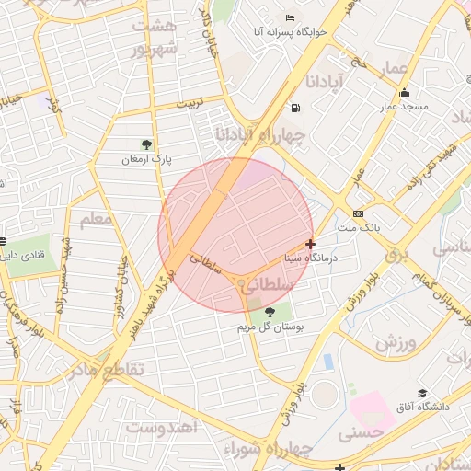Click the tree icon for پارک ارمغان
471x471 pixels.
click(145, 144)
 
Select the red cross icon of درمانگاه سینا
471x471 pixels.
click(311, 245)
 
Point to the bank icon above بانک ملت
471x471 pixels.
click(358, 213)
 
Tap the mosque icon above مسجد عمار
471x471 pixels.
click(405, 92)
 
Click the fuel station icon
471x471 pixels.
click(294, 109)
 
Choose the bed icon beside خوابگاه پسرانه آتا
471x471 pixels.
click(291, 18)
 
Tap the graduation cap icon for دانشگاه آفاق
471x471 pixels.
click(422, 394)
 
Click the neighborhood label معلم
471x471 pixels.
click(96, 218)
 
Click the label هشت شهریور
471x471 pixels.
click(153, 39)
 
